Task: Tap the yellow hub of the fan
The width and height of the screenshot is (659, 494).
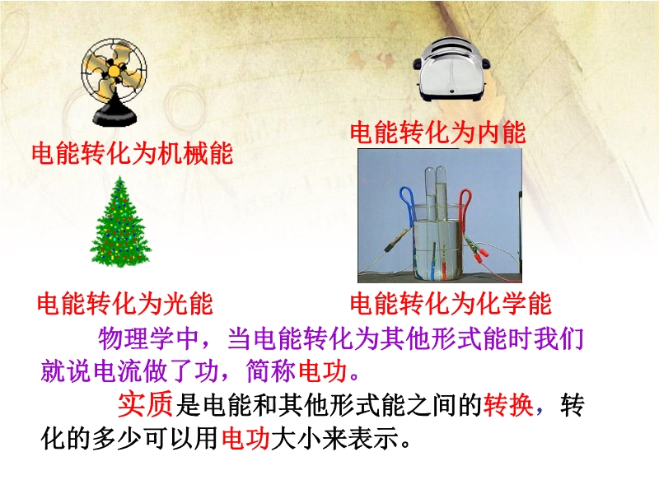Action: pyautogui.click(x=114, y=71)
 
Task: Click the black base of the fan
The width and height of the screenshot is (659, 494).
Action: pyautogui.click(x=115, y=115)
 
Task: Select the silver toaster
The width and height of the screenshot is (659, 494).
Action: pyautogui.click(x=451, y=69)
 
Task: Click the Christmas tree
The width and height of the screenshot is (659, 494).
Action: pyautogui.click(x=120, y=222)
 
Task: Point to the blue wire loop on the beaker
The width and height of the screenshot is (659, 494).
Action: pyautogui.click(x=407, y=204)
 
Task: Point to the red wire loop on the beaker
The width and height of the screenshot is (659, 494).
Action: pyautogui.click(x=465, y=207)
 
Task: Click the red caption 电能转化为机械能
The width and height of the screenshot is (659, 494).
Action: pyautogui.click(x=133, y=153)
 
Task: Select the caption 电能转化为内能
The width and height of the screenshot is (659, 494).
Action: pyautogui.click(x=438, y=132)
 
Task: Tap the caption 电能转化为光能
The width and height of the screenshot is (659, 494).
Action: pyautogui.click(x=125, y=304)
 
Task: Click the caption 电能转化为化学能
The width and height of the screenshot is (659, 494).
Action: pyautogui.click(x=451, y=304)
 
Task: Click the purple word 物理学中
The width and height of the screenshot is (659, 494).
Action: pyautogui.click(x=148, y=338)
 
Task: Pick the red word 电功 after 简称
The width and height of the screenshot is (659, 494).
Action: pyautogui.click(x=323, y=371)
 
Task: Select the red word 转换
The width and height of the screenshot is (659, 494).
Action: pyautogui.click(x=508, y=405)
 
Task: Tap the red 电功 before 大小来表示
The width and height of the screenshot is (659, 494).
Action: pyautogui.click(x=245, y=439)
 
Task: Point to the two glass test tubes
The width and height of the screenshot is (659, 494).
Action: pyautogui.click(x=436, y=193)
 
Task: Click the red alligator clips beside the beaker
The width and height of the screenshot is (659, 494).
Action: pyautogui.click(x=478, y=250)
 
